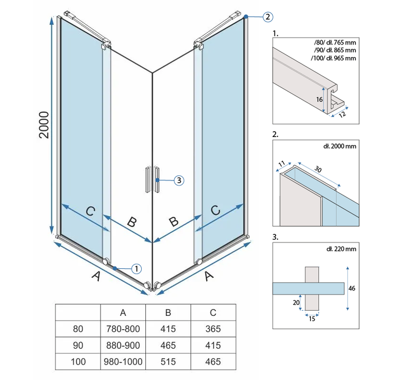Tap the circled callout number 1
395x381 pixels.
click(136, 268)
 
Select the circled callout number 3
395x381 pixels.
click(179, 180)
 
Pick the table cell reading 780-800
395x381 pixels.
click(123, 329)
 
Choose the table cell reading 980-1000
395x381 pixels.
click(123, 362)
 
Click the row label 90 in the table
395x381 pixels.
click(78, 346)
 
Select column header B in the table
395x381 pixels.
click(169, 312)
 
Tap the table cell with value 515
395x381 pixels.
click(169, 362)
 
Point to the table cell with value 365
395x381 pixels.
click(213, 329)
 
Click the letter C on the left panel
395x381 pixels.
click(90, 212)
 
